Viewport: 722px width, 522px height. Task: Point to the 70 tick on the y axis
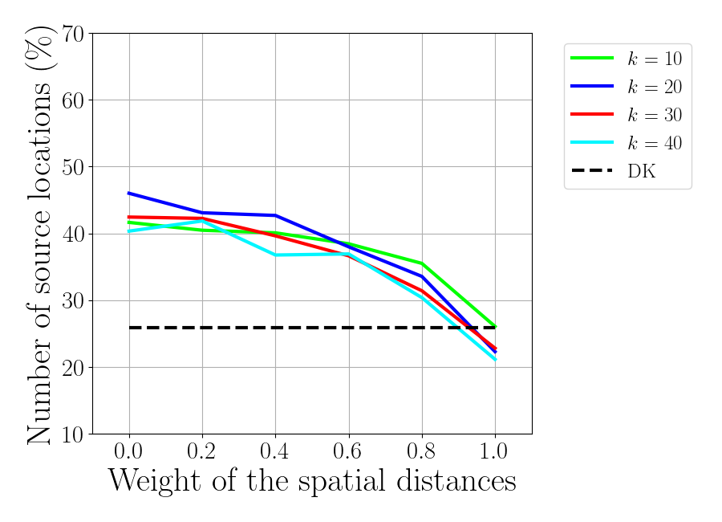point(70,35)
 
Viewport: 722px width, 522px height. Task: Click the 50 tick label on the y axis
point(70,167)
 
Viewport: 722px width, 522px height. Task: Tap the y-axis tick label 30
point(70,301)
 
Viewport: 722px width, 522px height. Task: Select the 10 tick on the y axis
point(70,434)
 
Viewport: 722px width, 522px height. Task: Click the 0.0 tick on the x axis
point(129,451)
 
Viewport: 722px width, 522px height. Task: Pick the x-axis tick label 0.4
point(275,451)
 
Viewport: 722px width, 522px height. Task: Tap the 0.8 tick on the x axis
point(421,451)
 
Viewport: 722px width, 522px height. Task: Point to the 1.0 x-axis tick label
point(494,451)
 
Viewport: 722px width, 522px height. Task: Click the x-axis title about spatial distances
point(312,481)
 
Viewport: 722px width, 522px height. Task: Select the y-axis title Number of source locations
point(40,234)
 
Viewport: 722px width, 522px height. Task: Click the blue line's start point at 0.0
point(129,193)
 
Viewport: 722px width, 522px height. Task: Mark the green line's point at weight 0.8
point(421,263)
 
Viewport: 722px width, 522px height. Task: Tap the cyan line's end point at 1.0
point(495,359)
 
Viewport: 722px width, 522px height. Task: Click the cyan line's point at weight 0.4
point(275,255)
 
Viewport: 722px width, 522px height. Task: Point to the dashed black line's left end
point(129,328)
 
